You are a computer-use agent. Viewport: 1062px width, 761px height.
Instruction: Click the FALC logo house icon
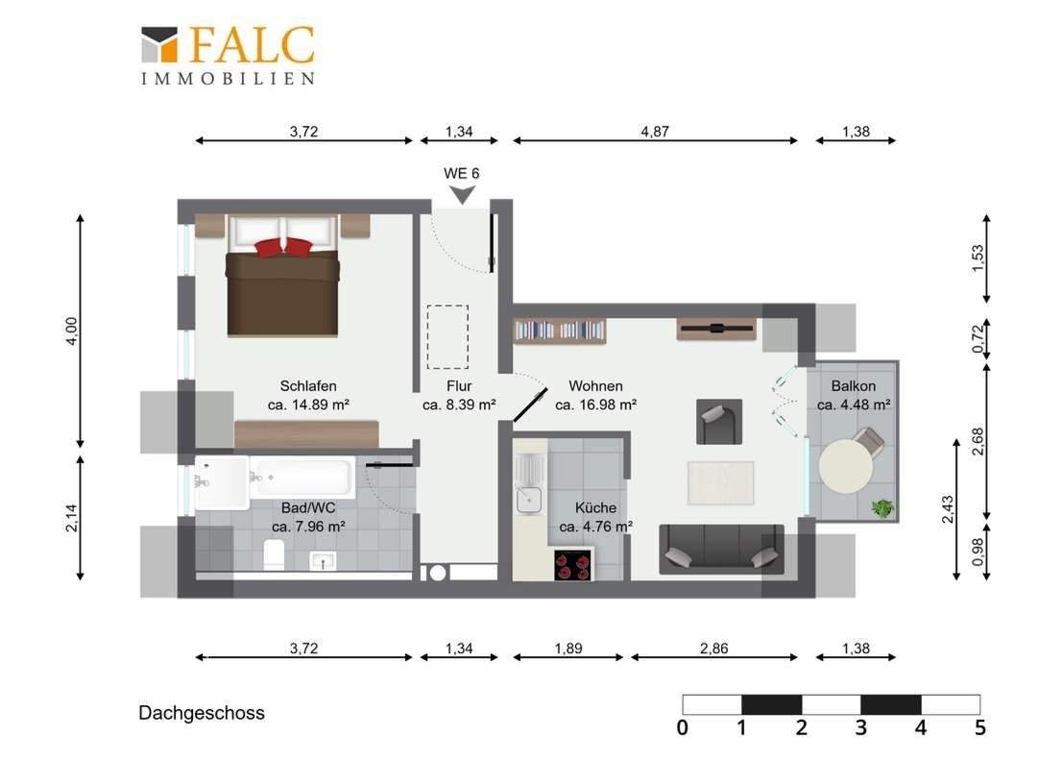point(159,45)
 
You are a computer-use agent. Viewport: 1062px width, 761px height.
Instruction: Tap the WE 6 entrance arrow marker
point(463,195)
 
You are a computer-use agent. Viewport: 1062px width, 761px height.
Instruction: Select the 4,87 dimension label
point(655,132)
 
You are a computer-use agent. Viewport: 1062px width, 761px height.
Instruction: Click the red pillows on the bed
point(283,247)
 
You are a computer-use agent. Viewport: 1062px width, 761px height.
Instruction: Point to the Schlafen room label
point(308,385)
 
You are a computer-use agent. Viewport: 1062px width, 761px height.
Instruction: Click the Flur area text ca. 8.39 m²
point(459,405)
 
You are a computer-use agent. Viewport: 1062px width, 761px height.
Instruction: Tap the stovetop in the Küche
point(572,565)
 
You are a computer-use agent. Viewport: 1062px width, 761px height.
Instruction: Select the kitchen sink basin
point(528,500)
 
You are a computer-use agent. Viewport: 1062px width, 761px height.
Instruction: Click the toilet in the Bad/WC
point(274,554)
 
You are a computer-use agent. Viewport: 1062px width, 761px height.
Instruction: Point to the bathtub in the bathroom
point(302,477)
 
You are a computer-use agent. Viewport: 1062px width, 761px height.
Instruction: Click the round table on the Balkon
point(845,466)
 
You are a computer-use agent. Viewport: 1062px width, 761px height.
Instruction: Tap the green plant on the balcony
point(882,507)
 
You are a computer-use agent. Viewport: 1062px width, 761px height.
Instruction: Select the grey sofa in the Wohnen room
point(721,549)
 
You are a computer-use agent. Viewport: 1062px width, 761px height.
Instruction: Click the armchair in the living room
point(718,422)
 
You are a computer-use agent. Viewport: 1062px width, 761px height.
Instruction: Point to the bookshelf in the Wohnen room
point(559,330)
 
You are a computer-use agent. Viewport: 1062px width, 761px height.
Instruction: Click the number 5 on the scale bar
point(979,727)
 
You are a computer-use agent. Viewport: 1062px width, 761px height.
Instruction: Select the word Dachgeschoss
point(202,713)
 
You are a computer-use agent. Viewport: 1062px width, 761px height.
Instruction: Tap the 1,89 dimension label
point(568,649)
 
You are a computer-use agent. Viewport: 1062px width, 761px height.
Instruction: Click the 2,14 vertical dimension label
point(72,518)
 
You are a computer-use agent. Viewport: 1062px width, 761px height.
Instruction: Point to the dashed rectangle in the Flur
point(447,337)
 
